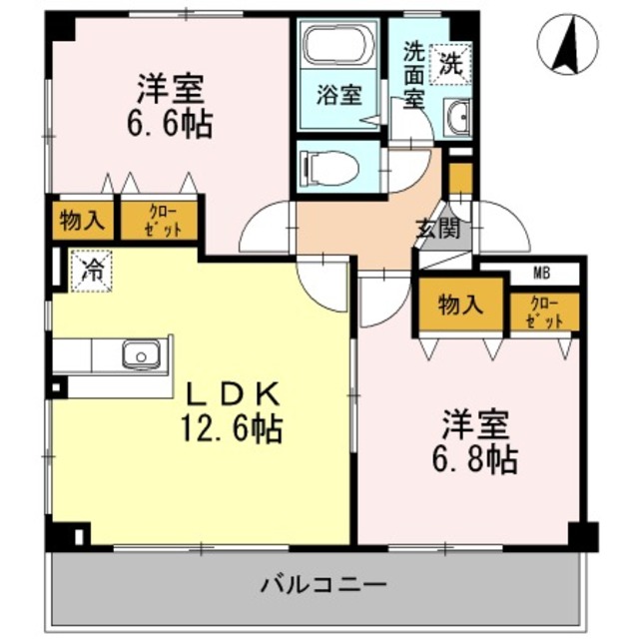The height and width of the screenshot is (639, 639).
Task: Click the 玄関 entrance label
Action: pos(438,230)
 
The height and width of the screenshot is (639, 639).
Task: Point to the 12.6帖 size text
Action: pos(230,429)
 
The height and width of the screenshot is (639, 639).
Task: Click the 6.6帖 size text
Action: pos(171,128)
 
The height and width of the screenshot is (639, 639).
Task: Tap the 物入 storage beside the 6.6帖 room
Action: pos(82,221)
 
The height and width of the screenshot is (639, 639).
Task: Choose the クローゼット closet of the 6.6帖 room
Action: pos(161,221)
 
